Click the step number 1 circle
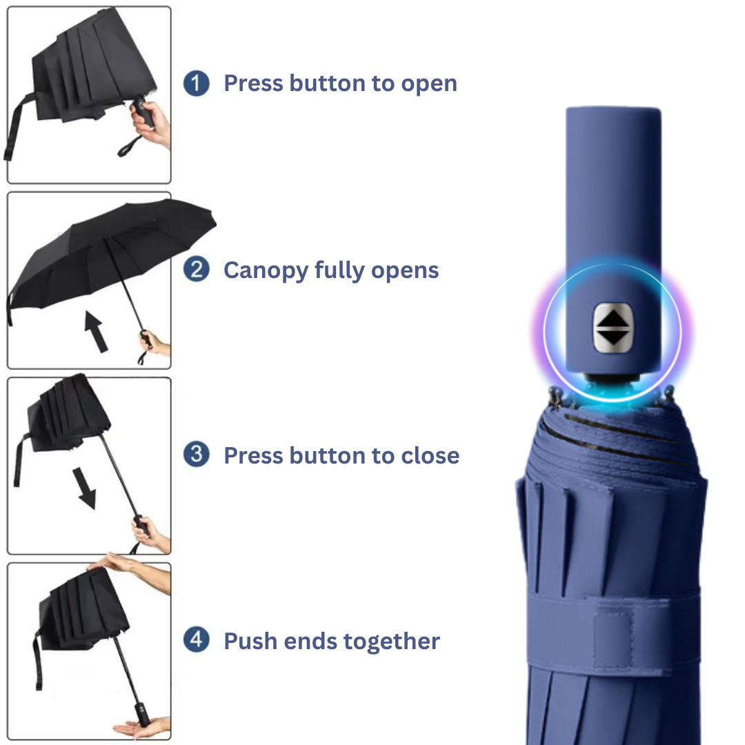[x=197, y=84]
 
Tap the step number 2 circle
[x=197, y=270]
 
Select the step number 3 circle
[x=197, y=455]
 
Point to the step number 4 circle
[x=197, y=641]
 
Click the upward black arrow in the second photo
[x=96, y=330]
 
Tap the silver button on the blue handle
[x=613, y=327]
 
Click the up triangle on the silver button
[x=613, y=317]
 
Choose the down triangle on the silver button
[x=613, y=337]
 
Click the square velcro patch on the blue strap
[x=618, y=639]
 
